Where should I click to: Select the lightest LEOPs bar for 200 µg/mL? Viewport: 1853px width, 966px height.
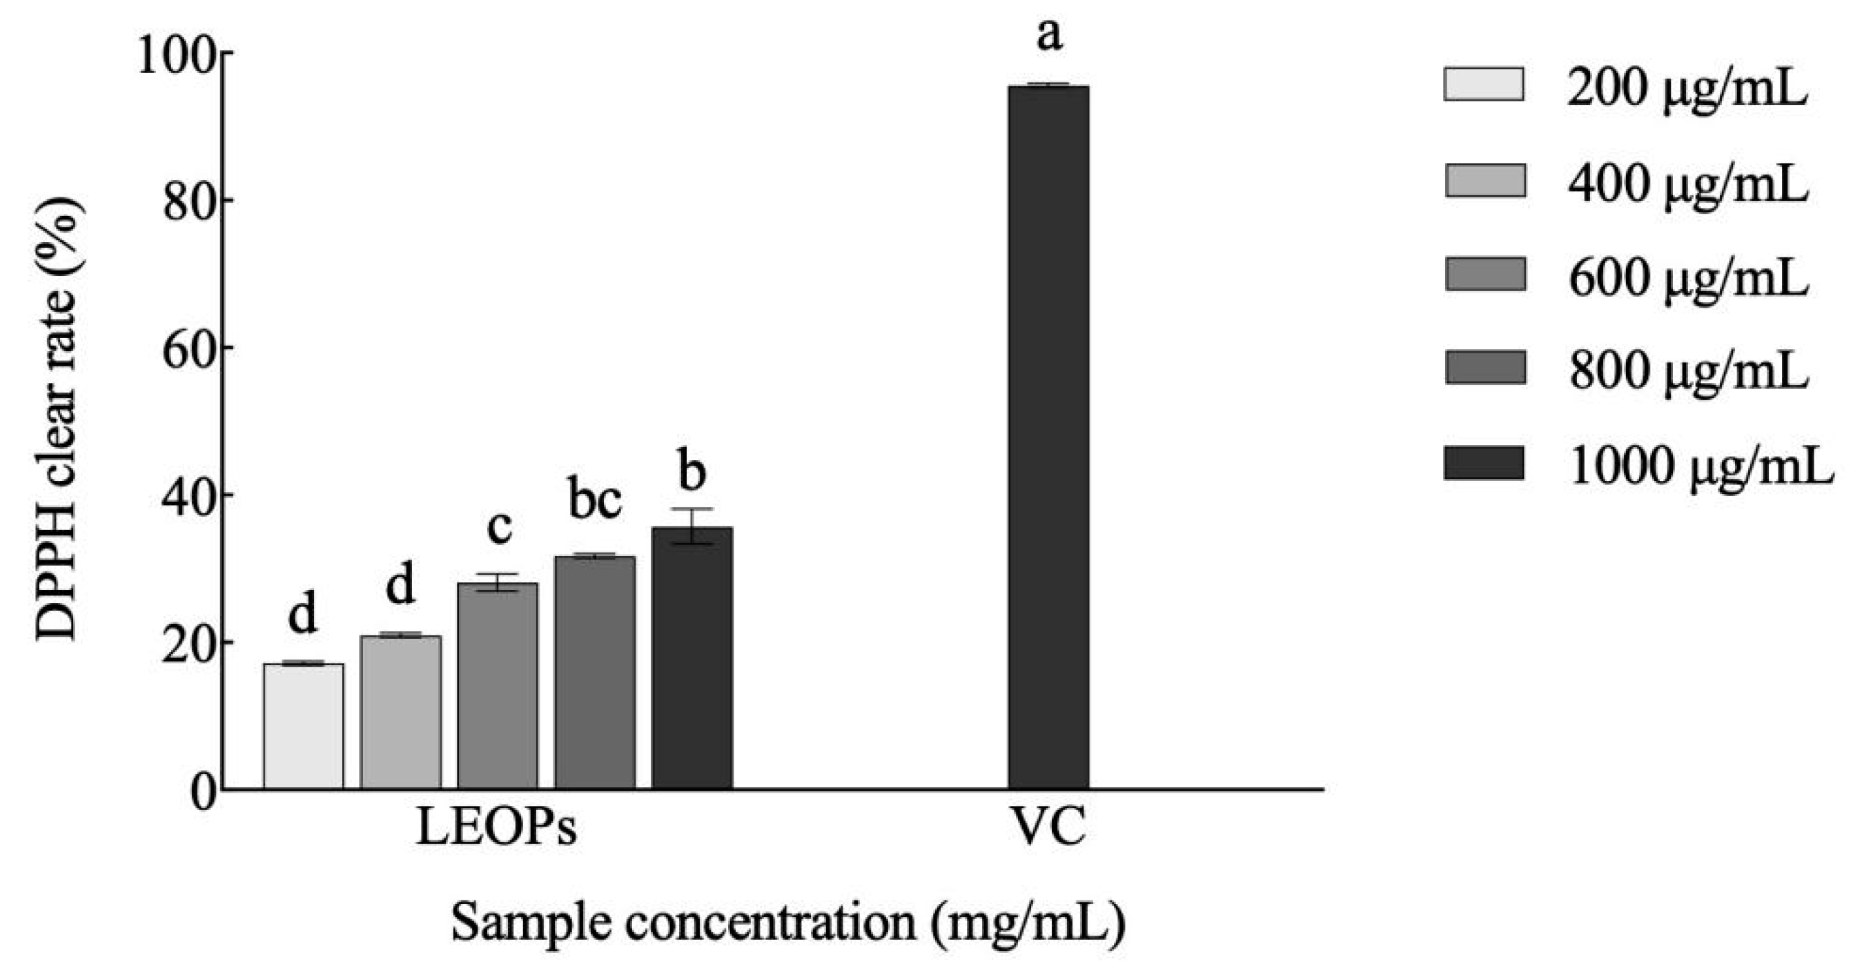[304, 726]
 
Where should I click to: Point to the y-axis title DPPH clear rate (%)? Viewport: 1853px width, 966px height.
[57, 420]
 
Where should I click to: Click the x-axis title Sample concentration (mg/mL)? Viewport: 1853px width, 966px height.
[788, 923]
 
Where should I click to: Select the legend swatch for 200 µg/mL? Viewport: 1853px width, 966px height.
[1484, 84]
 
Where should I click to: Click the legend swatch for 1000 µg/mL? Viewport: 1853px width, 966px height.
[1484, 463]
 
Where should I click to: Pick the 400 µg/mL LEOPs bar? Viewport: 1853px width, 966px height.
[401, 712]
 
